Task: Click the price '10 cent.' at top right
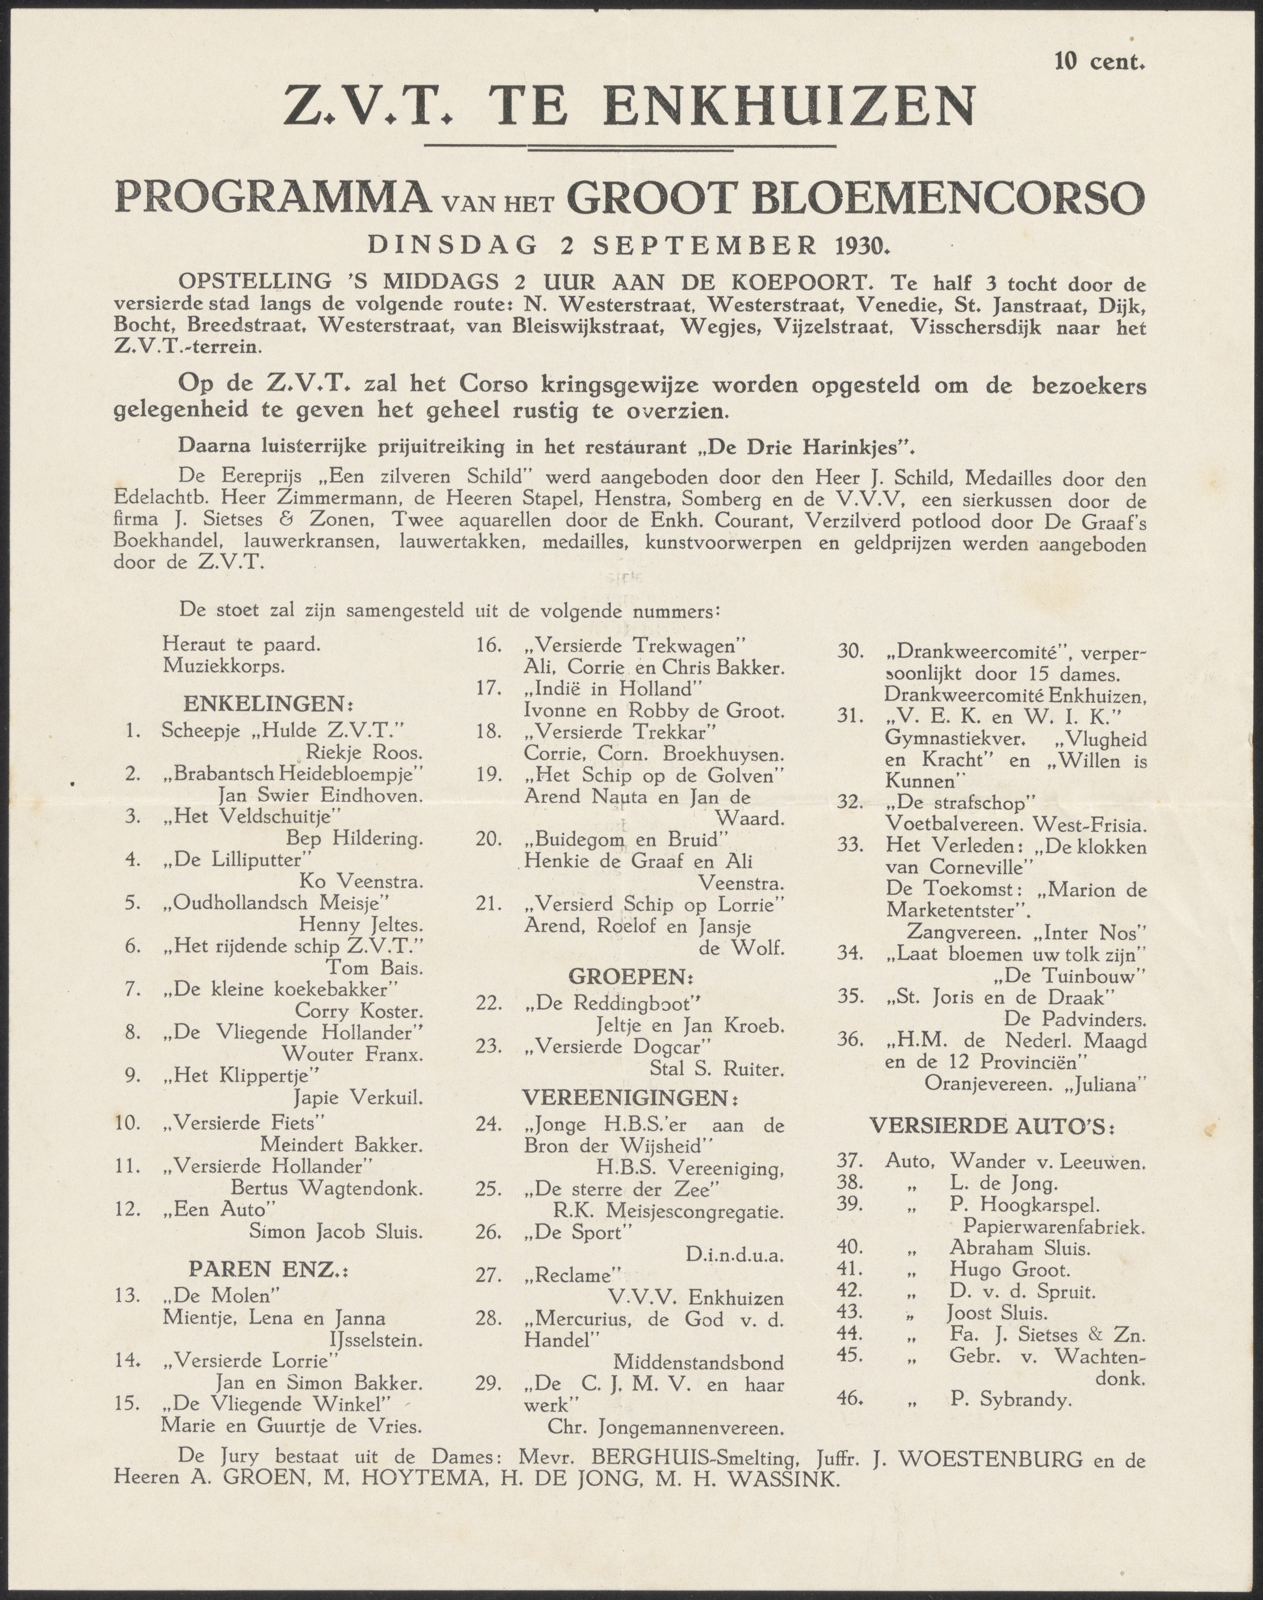tap(1099, 61)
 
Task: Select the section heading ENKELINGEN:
tap(268, 702)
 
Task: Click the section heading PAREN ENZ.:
tap(268, 1270)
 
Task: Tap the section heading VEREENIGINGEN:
tap(632, 1096)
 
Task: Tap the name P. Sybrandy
tap(1010, 1399)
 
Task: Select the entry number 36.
tap(850, 1040)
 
